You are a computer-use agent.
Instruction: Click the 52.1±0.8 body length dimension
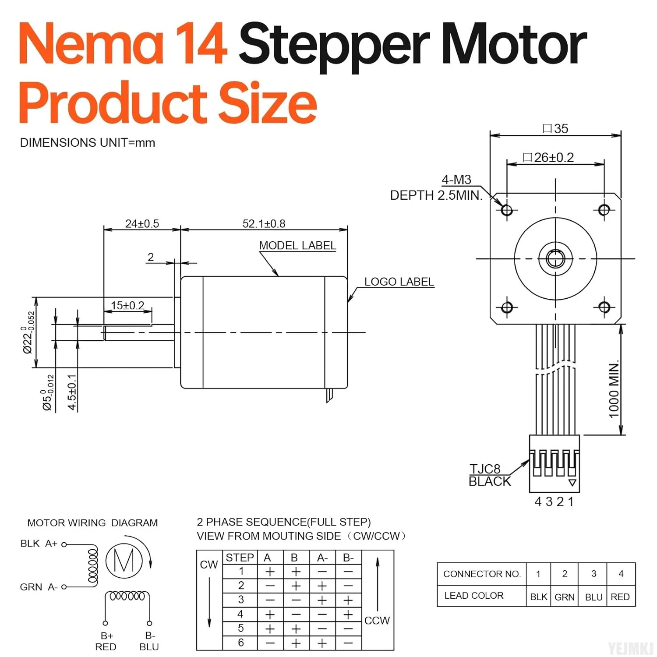pyautogui.click(x=264, y=224)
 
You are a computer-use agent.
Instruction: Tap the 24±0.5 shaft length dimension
pyautogui.click(x=142, y=224)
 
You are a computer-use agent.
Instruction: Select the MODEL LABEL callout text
pyautogui.click(x=297, y=246)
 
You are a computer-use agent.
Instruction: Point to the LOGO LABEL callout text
pyautogui.click(x=399, y=282)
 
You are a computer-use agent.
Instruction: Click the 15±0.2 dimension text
pyautogui.click(x=127, y=305)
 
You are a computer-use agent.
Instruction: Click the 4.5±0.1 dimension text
pyautogui.click(x=72, y=392)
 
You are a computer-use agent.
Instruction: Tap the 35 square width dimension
pyautogui.click(x=556, y=129)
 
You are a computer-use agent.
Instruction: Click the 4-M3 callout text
pyautogui.click(x=456, y=180)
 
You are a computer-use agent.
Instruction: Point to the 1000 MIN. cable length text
pyautogui.click(x=614, y=389)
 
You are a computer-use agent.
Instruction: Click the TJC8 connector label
pyautogui.click(x=485, y=469)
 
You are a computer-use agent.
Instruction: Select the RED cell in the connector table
pyautogui.click(x=620, y=597)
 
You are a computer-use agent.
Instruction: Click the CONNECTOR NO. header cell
pyautogui.click(x=481, y=574)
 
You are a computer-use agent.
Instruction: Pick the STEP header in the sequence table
pyautogui.click(x=240, y=558)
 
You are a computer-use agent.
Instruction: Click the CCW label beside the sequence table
pyautogui.click(x=377, y=621)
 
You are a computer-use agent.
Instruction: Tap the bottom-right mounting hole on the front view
pyautogui.click(x=604, y=307)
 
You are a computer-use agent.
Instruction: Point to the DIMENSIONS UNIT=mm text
pyautogui.click(x=88, y=143)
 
